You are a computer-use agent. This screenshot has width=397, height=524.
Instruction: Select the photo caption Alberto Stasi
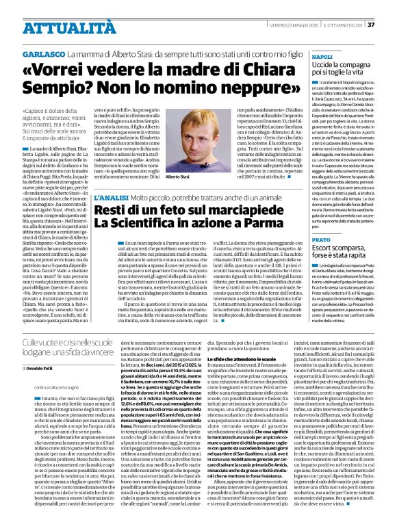click(x=177, y=177)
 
